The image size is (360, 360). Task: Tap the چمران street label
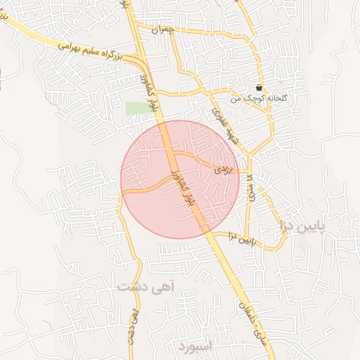tap(162, 30)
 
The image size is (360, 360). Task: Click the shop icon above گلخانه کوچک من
tap(260, 88)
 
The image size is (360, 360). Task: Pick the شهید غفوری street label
tap(227, 126)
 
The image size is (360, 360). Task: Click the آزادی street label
tap(220, 169)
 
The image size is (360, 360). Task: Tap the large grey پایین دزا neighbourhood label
tap(304, 226)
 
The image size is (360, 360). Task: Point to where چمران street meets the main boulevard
tap(136, 27)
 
